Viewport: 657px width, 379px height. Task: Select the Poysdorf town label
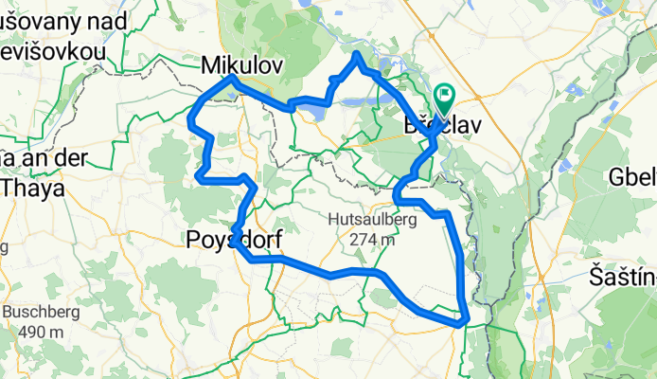coord(229,241)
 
